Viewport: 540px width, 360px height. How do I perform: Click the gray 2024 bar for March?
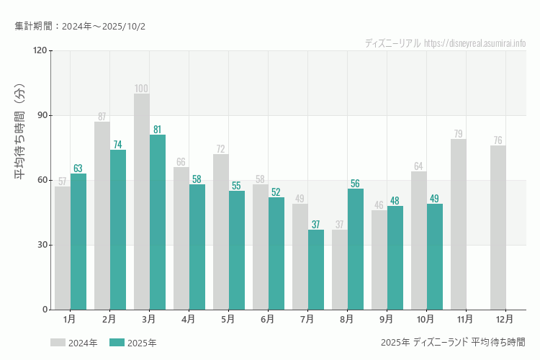click(142, 202)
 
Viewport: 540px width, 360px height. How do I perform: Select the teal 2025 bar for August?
click(356, 249)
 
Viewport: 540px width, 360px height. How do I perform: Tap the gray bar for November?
click(459, 224)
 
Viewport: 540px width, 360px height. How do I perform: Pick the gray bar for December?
click(498, 228)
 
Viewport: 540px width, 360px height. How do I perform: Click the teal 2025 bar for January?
click(78, 241)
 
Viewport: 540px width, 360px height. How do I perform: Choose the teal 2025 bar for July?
click(316, 269)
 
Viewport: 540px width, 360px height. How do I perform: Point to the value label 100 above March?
click(142, 89)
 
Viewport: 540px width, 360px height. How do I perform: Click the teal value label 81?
click(158, 130)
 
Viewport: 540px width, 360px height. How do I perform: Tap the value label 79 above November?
click(459, 134)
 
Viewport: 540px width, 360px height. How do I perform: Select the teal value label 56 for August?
click(356, 184)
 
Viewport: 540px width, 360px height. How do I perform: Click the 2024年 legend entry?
click(74, 343)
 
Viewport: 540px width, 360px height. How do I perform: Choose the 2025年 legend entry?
click(133, 343)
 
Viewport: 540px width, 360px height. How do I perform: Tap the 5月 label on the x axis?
click(228, 318)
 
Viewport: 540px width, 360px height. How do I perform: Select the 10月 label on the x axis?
click(426, 318)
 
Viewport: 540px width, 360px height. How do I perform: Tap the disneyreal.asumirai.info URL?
click(474, 43)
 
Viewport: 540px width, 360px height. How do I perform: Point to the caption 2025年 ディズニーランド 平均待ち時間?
click(453, 342)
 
